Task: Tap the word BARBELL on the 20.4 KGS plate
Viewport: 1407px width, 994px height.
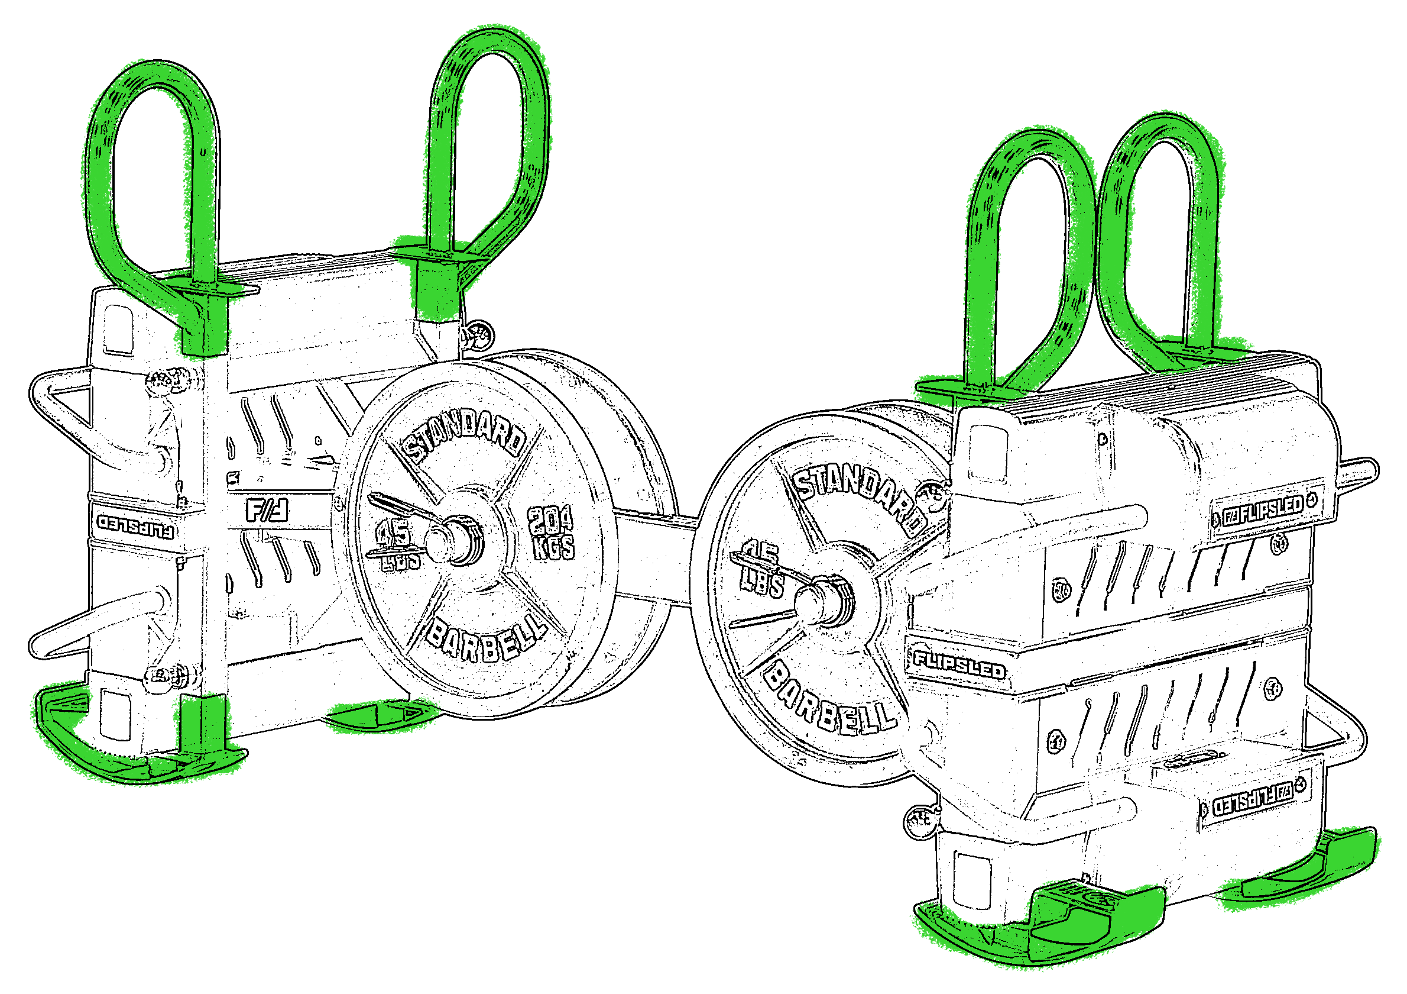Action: [485, 640]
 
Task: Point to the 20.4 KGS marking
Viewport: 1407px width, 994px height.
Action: [552, 533]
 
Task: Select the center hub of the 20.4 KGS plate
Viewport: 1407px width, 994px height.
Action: [456, 539]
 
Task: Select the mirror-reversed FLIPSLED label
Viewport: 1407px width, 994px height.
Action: [135, 525]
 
